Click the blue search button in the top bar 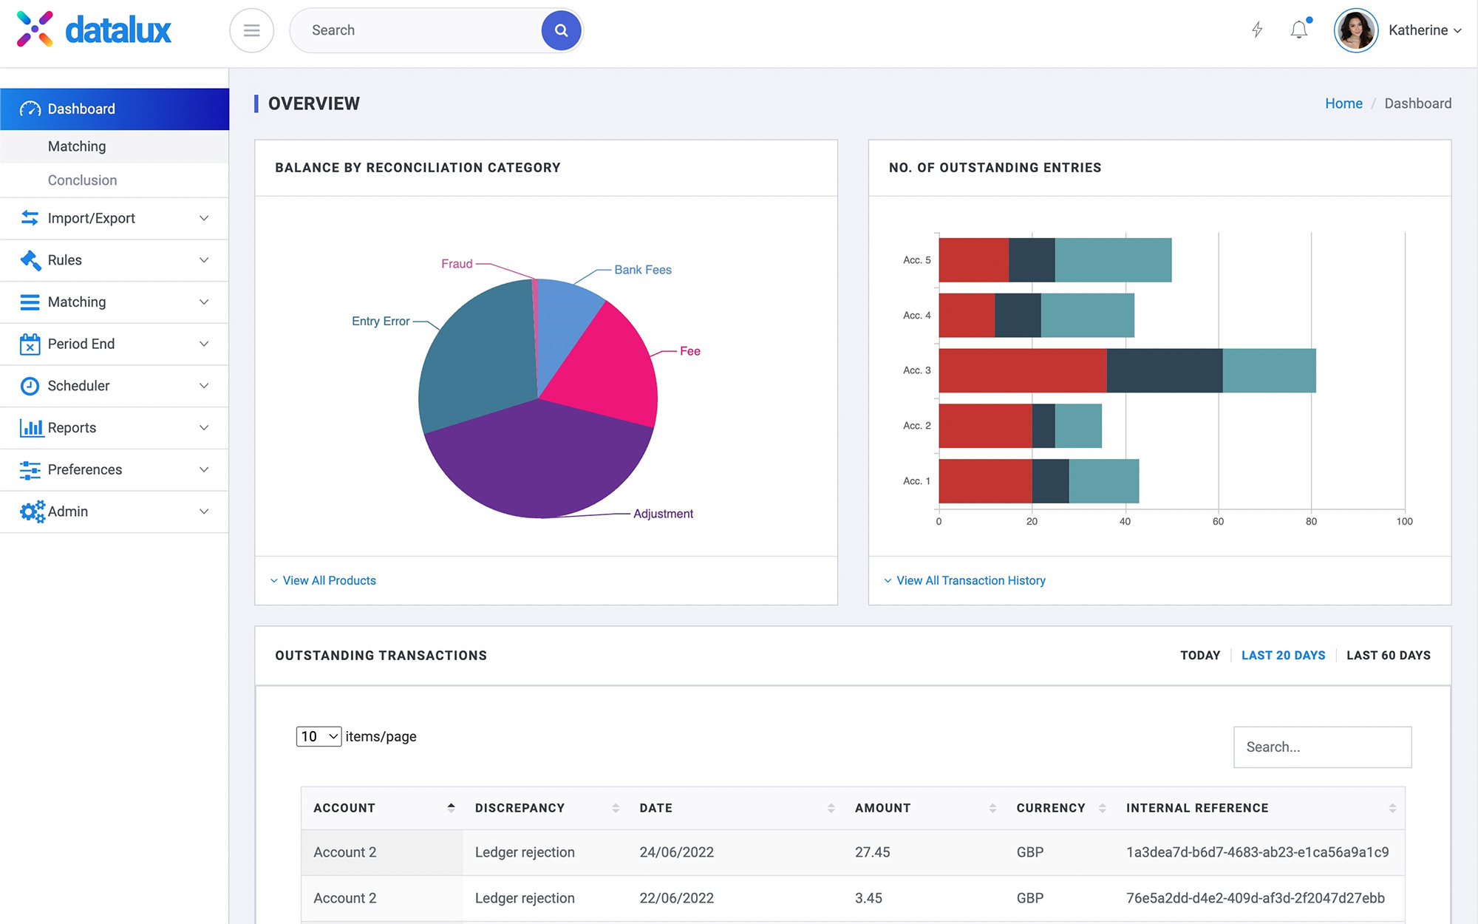click(x=561, y=30)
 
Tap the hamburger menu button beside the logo click(x=251, y=30)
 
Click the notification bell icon click(x=1298, y=30)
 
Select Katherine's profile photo click(x=1355, y=30)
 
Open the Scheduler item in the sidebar click(x=78, y=386)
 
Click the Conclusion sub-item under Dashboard click(x=82, y=180)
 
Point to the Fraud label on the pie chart click(x=457, y=264)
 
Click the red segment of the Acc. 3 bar click(x=1022, y=370)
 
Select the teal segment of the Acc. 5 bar click(x=1112, y=260)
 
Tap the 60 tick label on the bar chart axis click(x=1218, y=522)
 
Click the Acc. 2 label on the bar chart click(x=916, y=426)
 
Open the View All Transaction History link click(x=970, y=581)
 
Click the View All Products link click(x=329, y=581)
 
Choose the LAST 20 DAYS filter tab click(x=1283, y=656)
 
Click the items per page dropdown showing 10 click(x=319, y=736)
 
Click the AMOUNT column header click(x=882, y=808)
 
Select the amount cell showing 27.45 click(x=872, y=852)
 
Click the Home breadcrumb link click(x=1343, y=103)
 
